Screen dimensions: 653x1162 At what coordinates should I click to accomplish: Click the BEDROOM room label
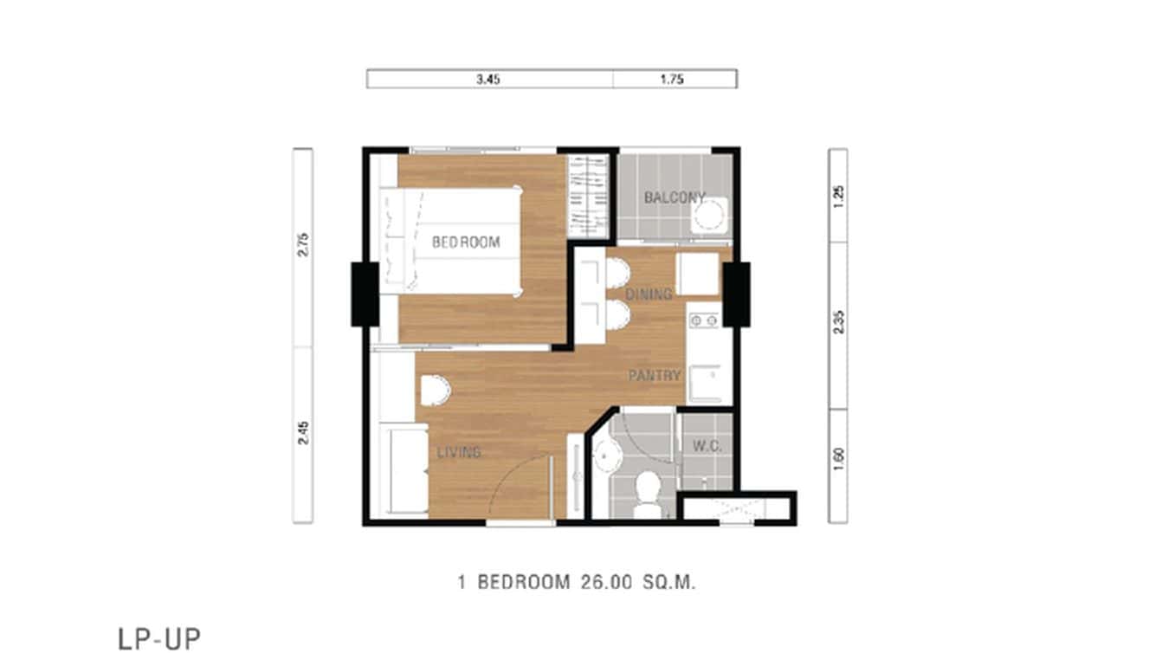[x=466, y=242]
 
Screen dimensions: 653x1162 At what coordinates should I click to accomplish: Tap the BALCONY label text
[x=674, y=197]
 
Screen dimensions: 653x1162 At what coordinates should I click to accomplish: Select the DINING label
[x=649, y=294]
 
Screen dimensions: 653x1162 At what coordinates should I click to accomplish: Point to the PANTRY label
[x=654, y=376]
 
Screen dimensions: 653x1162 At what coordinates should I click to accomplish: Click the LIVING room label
[x=459, y=452]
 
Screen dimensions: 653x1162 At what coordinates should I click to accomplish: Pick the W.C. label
[x=707, y=447]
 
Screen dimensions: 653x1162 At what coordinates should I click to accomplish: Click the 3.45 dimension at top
[x=488, y=79]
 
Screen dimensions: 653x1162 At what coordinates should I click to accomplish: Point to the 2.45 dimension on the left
[x=302, y=433]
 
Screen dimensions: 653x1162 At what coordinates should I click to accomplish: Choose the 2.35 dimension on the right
[x=838, y=321]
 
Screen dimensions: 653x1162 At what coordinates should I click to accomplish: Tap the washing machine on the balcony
[x=711, y=215]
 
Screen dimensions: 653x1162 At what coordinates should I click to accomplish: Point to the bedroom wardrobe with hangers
[x=588, y=195]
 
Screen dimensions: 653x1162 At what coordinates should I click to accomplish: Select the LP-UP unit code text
[x=159, y=638]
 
